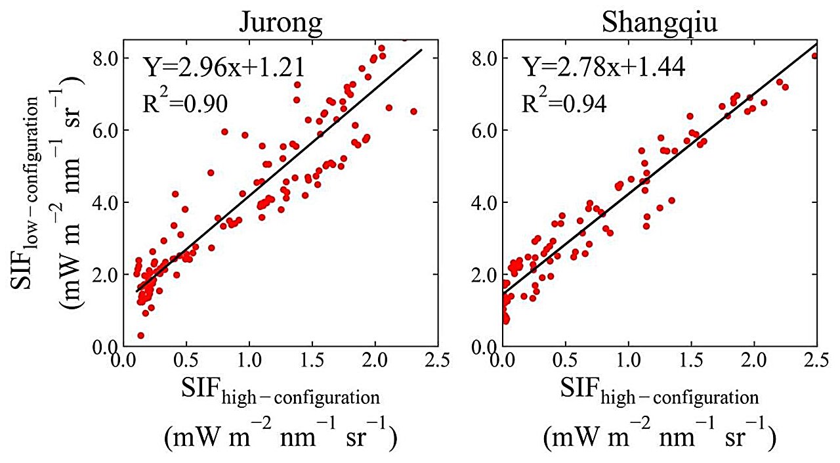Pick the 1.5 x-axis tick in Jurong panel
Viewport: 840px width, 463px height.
click(312, 361)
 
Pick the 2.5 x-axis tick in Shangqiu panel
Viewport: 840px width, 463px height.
click(816, 361)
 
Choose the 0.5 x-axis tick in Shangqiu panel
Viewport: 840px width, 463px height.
click(565, 361)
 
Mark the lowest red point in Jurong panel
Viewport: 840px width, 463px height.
click(140, 335)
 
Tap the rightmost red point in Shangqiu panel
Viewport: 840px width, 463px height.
click(814, 56)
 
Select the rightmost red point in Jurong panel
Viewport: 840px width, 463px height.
click(413, 112)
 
